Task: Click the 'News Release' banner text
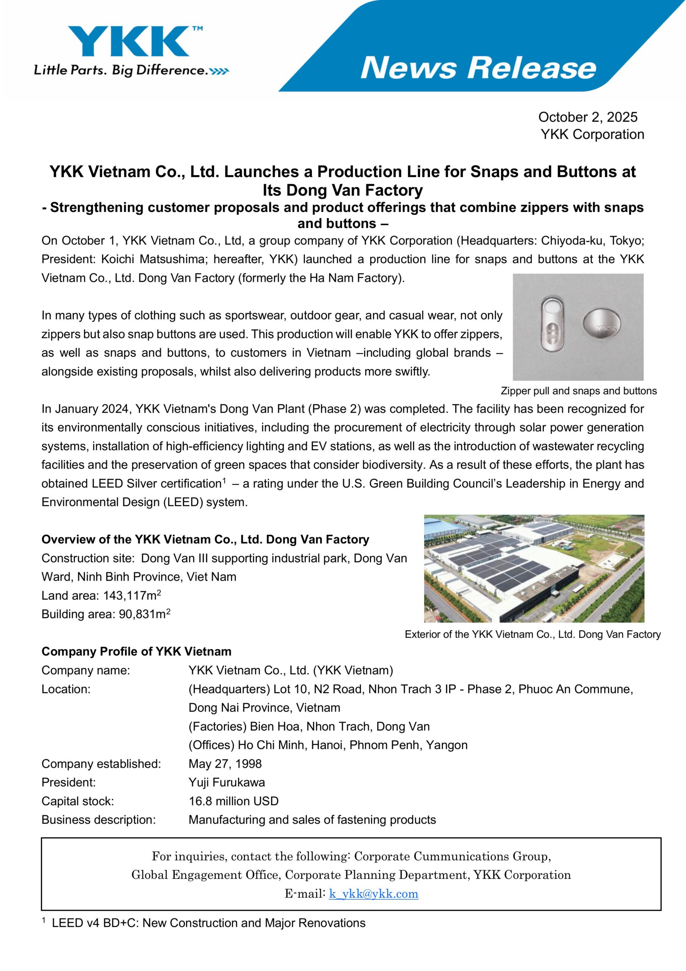(x=478, y=68)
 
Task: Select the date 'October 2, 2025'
(x=587, y=117)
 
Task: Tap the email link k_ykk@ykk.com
(x=373, y=894)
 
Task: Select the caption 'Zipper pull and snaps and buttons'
(x=579, y=391)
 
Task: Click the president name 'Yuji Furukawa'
(x=227, y=782)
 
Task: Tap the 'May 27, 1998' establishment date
(x=225, y=764)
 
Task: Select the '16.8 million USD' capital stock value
(x=233, y=801)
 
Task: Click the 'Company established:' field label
(x=101, y=764)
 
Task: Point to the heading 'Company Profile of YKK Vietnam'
(x=136, y=651)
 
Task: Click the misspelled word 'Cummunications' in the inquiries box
(x=461, y=856)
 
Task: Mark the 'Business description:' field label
(x=99, y=820)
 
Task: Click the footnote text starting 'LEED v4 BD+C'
(x=208, y=923)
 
